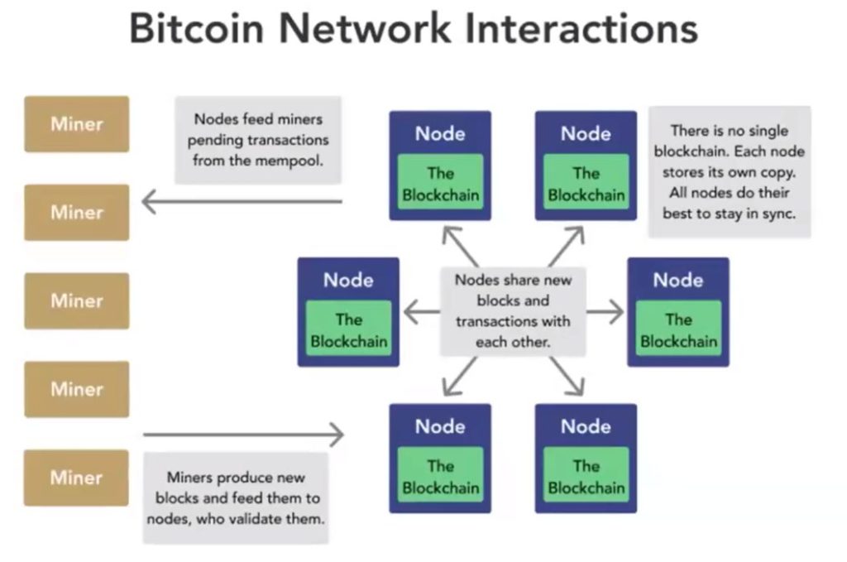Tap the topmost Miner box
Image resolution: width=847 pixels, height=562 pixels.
[77, 124]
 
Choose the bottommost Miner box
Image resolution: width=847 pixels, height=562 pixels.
[77, 478]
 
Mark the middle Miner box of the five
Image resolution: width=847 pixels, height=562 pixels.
[77, 300]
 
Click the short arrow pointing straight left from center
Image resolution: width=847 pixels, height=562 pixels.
[421, 312]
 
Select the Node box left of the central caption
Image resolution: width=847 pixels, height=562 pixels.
[348, 312]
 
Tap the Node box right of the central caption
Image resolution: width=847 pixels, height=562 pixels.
[678, 312]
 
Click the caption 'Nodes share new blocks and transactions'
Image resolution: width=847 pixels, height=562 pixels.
[513, 310]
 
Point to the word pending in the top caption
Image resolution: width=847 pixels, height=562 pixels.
[220, 140]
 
